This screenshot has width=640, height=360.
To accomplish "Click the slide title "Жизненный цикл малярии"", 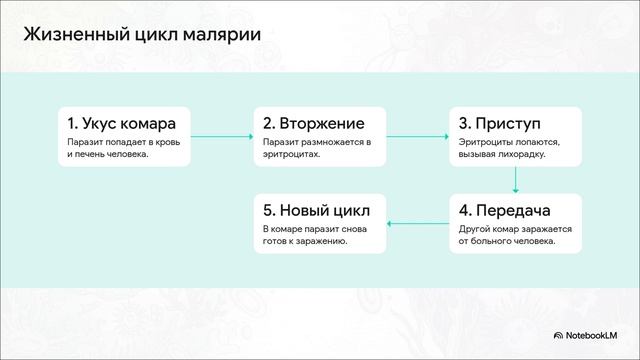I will (x=142, y=36).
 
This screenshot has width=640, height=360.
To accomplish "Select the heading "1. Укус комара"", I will (x=122, y=124).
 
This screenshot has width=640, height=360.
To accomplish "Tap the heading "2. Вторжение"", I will (x=313, y=124).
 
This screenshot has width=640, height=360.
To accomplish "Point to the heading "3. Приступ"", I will (x=499, y=124).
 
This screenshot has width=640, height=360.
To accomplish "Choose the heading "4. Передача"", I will (x=505, y=211).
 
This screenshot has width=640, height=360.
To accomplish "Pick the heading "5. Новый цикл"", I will (x=316, y=211).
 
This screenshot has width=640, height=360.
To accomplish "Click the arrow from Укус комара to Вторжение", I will (x=221, y=136).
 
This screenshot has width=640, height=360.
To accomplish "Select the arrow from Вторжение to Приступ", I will (x=416, y=136).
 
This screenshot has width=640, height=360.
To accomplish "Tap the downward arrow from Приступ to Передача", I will (x=515, y=180).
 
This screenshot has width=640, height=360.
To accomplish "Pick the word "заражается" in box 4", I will (x=546, y=229).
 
